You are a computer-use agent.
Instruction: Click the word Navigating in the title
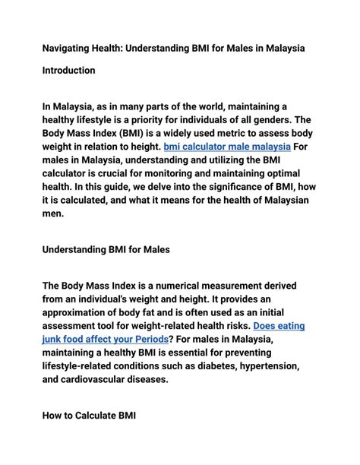click(x=68, y=48)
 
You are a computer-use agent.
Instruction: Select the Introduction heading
click(x=68, y=71)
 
